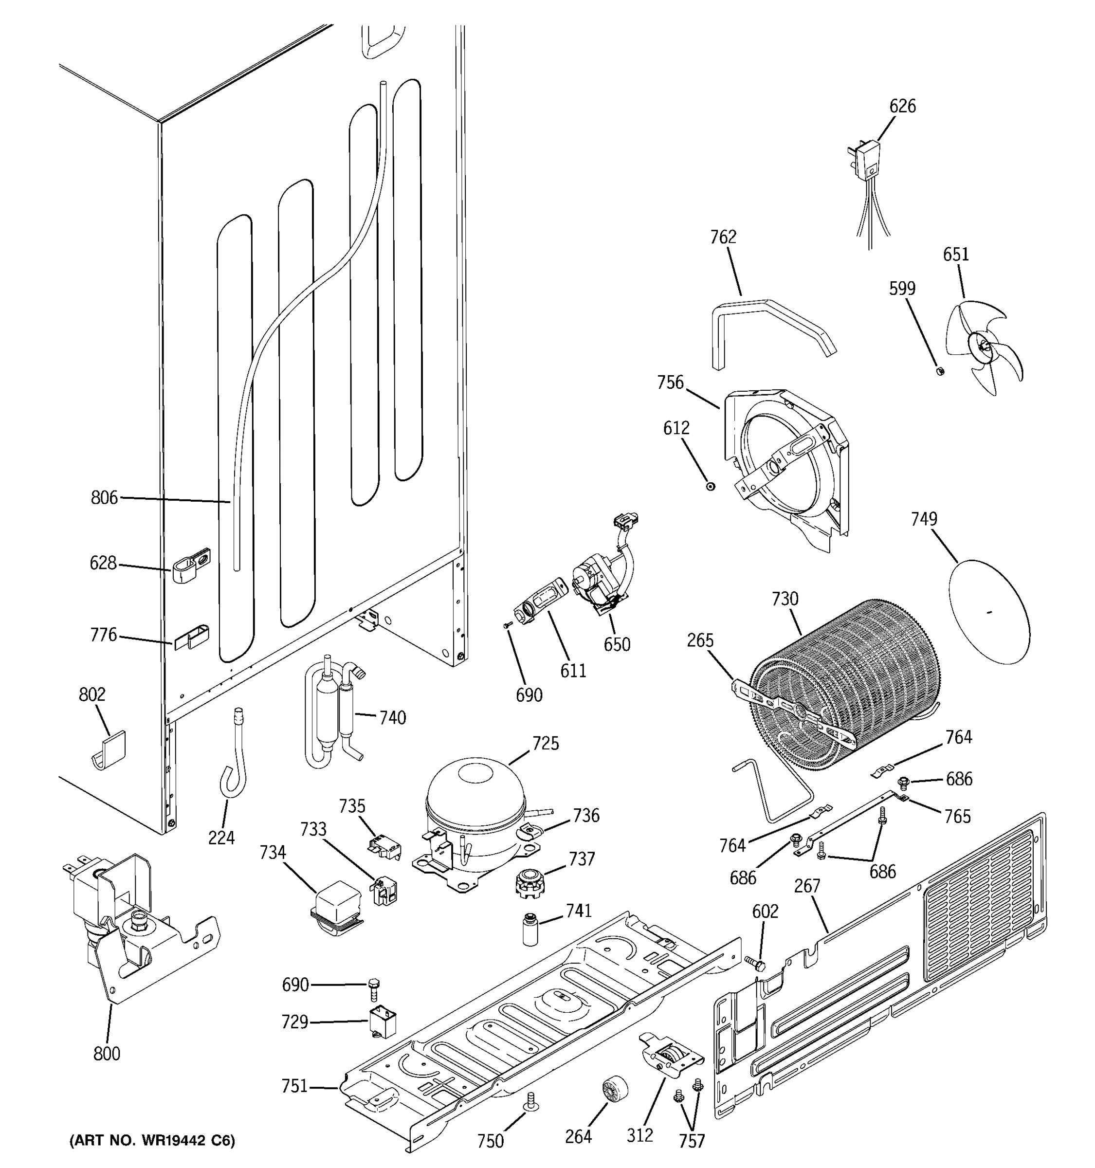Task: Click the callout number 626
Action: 902,107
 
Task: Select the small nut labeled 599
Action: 940,371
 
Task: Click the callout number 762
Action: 723,237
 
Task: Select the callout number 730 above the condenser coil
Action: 785,599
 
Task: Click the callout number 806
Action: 104,498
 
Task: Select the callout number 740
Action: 392,717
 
